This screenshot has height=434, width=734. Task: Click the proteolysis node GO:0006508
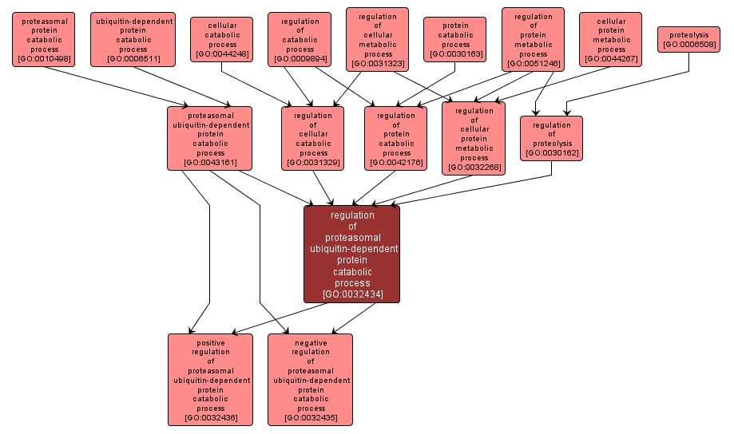click(x=688, y=39)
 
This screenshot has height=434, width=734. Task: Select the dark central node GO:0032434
click(x=351, y=254)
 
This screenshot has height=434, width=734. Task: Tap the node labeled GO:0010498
click(x=43, y=39)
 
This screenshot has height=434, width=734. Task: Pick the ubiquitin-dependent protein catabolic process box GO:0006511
click(x=133, y=39)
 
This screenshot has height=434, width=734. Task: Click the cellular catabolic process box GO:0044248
click(x=221, y=40)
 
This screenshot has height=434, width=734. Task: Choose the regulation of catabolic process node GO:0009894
click(x=300, y=39)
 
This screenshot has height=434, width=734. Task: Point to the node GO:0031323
click(x=377, y=39)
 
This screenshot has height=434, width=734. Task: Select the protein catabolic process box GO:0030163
click(x=454, y=40)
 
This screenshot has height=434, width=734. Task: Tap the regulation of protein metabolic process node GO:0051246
click(x=533, y=39)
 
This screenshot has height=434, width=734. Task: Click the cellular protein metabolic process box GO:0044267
click(x=610, y=39)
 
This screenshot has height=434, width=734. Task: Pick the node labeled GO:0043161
click(x=210, y=139)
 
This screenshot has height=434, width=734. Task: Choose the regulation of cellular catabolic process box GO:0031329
click(x=312, y=139)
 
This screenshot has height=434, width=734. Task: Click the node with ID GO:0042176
click(x=395, y=139)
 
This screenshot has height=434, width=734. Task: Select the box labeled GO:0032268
click(x=474, y=139)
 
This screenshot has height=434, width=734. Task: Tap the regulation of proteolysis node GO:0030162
click(x=551, y=139)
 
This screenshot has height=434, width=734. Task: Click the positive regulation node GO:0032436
click(x=210, y=380)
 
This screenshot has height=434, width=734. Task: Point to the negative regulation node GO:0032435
click(x=310, y=380)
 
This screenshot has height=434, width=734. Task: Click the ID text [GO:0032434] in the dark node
click(x=352, y=294)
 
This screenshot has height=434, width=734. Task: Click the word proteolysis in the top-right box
click(x=688, y=35)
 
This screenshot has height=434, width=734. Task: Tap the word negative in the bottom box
click(x=310, y=343)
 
